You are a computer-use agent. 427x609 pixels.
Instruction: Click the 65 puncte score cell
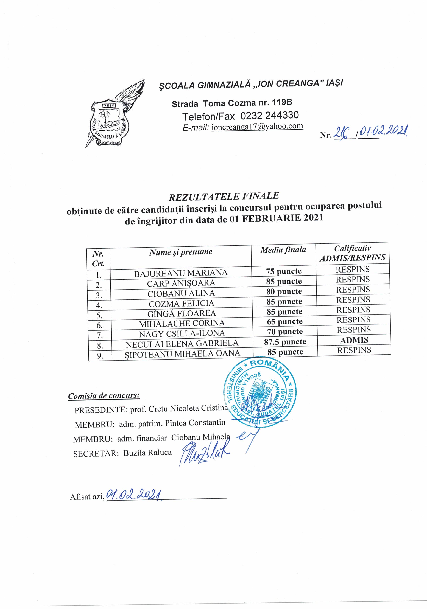coord(284,322)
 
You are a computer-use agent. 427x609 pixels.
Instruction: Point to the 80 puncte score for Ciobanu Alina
coord(284,291)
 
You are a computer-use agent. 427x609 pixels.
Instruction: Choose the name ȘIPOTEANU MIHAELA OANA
coord(182,353)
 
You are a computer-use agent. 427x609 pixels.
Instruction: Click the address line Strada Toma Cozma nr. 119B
coord(232,103)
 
